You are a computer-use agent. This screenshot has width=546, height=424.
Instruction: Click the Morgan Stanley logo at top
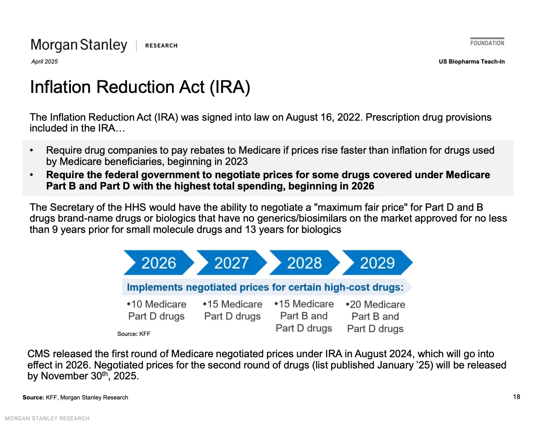79,45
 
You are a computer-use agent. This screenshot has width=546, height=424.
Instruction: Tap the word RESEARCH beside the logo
161,46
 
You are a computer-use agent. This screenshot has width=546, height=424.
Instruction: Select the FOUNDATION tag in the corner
487,43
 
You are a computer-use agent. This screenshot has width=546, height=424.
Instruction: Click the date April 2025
45,62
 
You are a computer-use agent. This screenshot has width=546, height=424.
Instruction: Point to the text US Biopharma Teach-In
472,62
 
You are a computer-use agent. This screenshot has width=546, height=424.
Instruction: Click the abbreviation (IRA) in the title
230,87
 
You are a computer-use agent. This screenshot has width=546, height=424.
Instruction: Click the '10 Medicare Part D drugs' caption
156,310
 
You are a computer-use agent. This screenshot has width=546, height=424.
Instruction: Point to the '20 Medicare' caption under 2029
376,305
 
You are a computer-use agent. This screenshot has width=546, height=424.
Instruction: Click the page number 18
517,397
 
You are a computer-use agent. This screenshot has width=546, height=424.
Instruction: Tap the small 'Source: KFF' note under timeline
134,334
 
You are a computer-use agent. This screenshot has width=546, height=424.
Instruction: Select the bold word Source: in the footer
33,397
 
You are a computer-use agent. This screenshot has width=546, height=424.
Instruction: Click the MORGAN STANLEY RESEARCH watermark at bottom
47,418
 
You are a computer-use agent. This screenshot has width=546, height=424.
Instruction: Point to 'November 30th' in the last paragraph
74,376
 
